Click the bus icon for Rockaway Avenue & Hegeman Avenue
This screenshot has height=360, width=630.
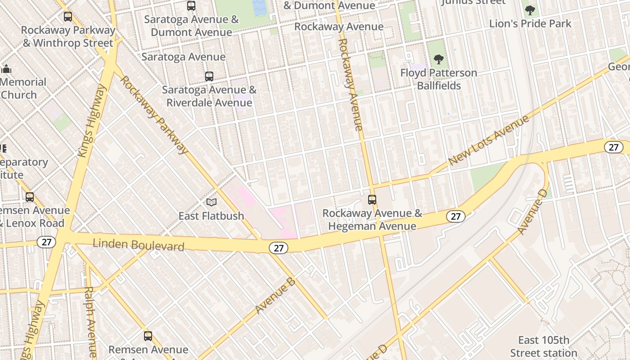click(x=372, y=200)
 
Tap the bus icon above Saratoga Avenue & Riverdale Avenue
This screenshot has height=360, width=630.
click(x=209, y=76)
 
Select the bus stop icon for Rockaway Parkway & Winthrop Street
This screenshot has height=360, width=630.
click(x=68, y=17)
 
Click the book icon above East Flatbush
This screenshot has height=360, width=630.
click(x=211, y=203)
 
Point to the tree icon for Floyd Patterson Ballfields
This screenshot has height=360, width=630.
click(x=439, y=59)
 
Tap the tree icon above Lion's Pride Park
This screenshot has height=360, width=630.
click(x=530, y=10)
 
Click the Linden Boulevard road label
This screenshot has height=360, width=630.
click(x=139, y=245)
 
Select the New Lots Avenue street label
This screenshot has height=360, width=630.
click(x=489, y=140)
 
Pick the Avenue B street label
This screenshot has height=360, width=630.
click(x=275, y=296)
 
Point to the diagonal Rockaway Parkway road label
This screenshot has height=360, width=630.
click(x=154, y=115)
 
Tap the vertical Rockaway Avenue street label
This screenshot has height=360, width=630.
click(x=350, y=85)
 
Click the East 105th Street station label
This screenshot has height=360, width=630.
click(x=544, y=346)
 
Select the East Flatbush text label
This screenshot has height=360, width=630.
click(x=211, y=216)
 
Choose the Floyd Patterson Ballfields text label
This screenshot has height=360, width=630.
click(x=439, y=79)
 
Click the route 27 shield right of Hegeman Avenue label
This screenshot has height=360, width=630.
click(x=455, y=216)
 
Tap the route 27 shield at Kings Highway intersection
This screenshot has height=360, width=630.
click(x=46, y=242)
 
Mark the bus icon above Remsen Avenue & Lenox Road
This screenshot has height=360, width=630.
click(x=30, y=197)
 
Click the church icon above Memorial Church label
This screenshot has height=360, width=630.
click(x=6, y=69)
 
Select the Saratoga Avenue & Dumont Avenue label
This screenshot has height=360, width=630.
click(x=191, y=26)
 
